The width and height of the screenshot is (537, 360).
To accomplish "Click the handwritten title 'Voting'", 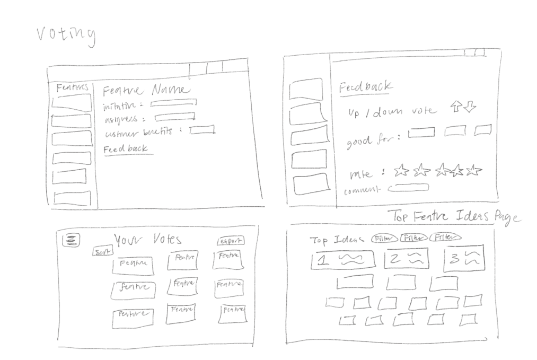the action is [66, 35].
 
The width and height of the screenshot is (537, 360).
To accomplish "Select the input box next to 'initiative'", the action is [173, 103].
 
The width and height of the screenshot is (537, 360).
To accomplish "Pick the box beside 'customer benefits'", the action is [202, 129].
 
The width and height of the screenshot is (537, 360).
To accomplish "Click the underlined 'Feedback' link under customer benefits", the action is [126, 149].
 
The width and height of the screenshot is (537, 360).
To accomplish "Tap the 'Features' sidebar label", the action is [73, 88].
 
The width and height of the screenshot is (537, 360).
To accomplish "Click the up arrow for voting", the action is [456, 107].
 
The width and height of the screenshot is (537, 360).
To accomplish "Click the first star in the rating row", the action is [402, 170].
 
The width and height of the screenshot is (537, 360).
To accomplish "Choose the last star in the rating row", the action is [474, 170].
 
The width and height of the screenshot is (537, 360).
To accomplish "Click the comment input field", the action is [408, 187].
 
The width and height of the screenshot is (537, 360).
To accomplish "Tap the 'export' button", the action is [231, 241].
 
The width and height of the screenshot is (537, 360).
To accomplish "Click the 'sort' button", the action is [100, 252].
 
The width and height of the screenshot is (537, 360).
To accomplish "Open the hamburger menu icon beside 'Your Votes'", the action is [69, 241].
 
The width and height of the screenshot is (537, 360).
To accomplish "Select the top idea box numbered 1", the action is [342, 259].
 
